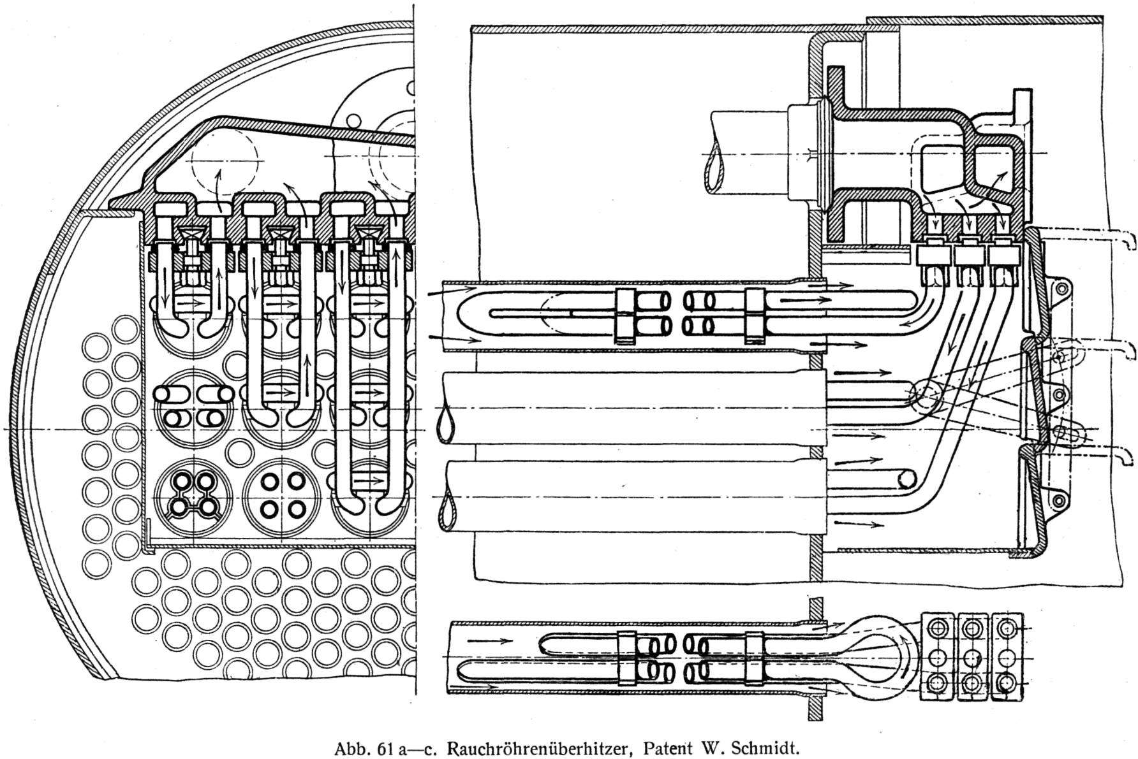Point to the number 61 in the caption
tap(384, 747)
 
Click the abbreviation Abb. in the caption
tap(353, 747)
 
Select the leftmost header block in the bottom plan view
tap(937, 656)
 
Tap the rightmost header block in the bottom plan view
tap(1007, 656)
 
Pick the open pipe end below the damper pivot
tap(906, 479)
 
